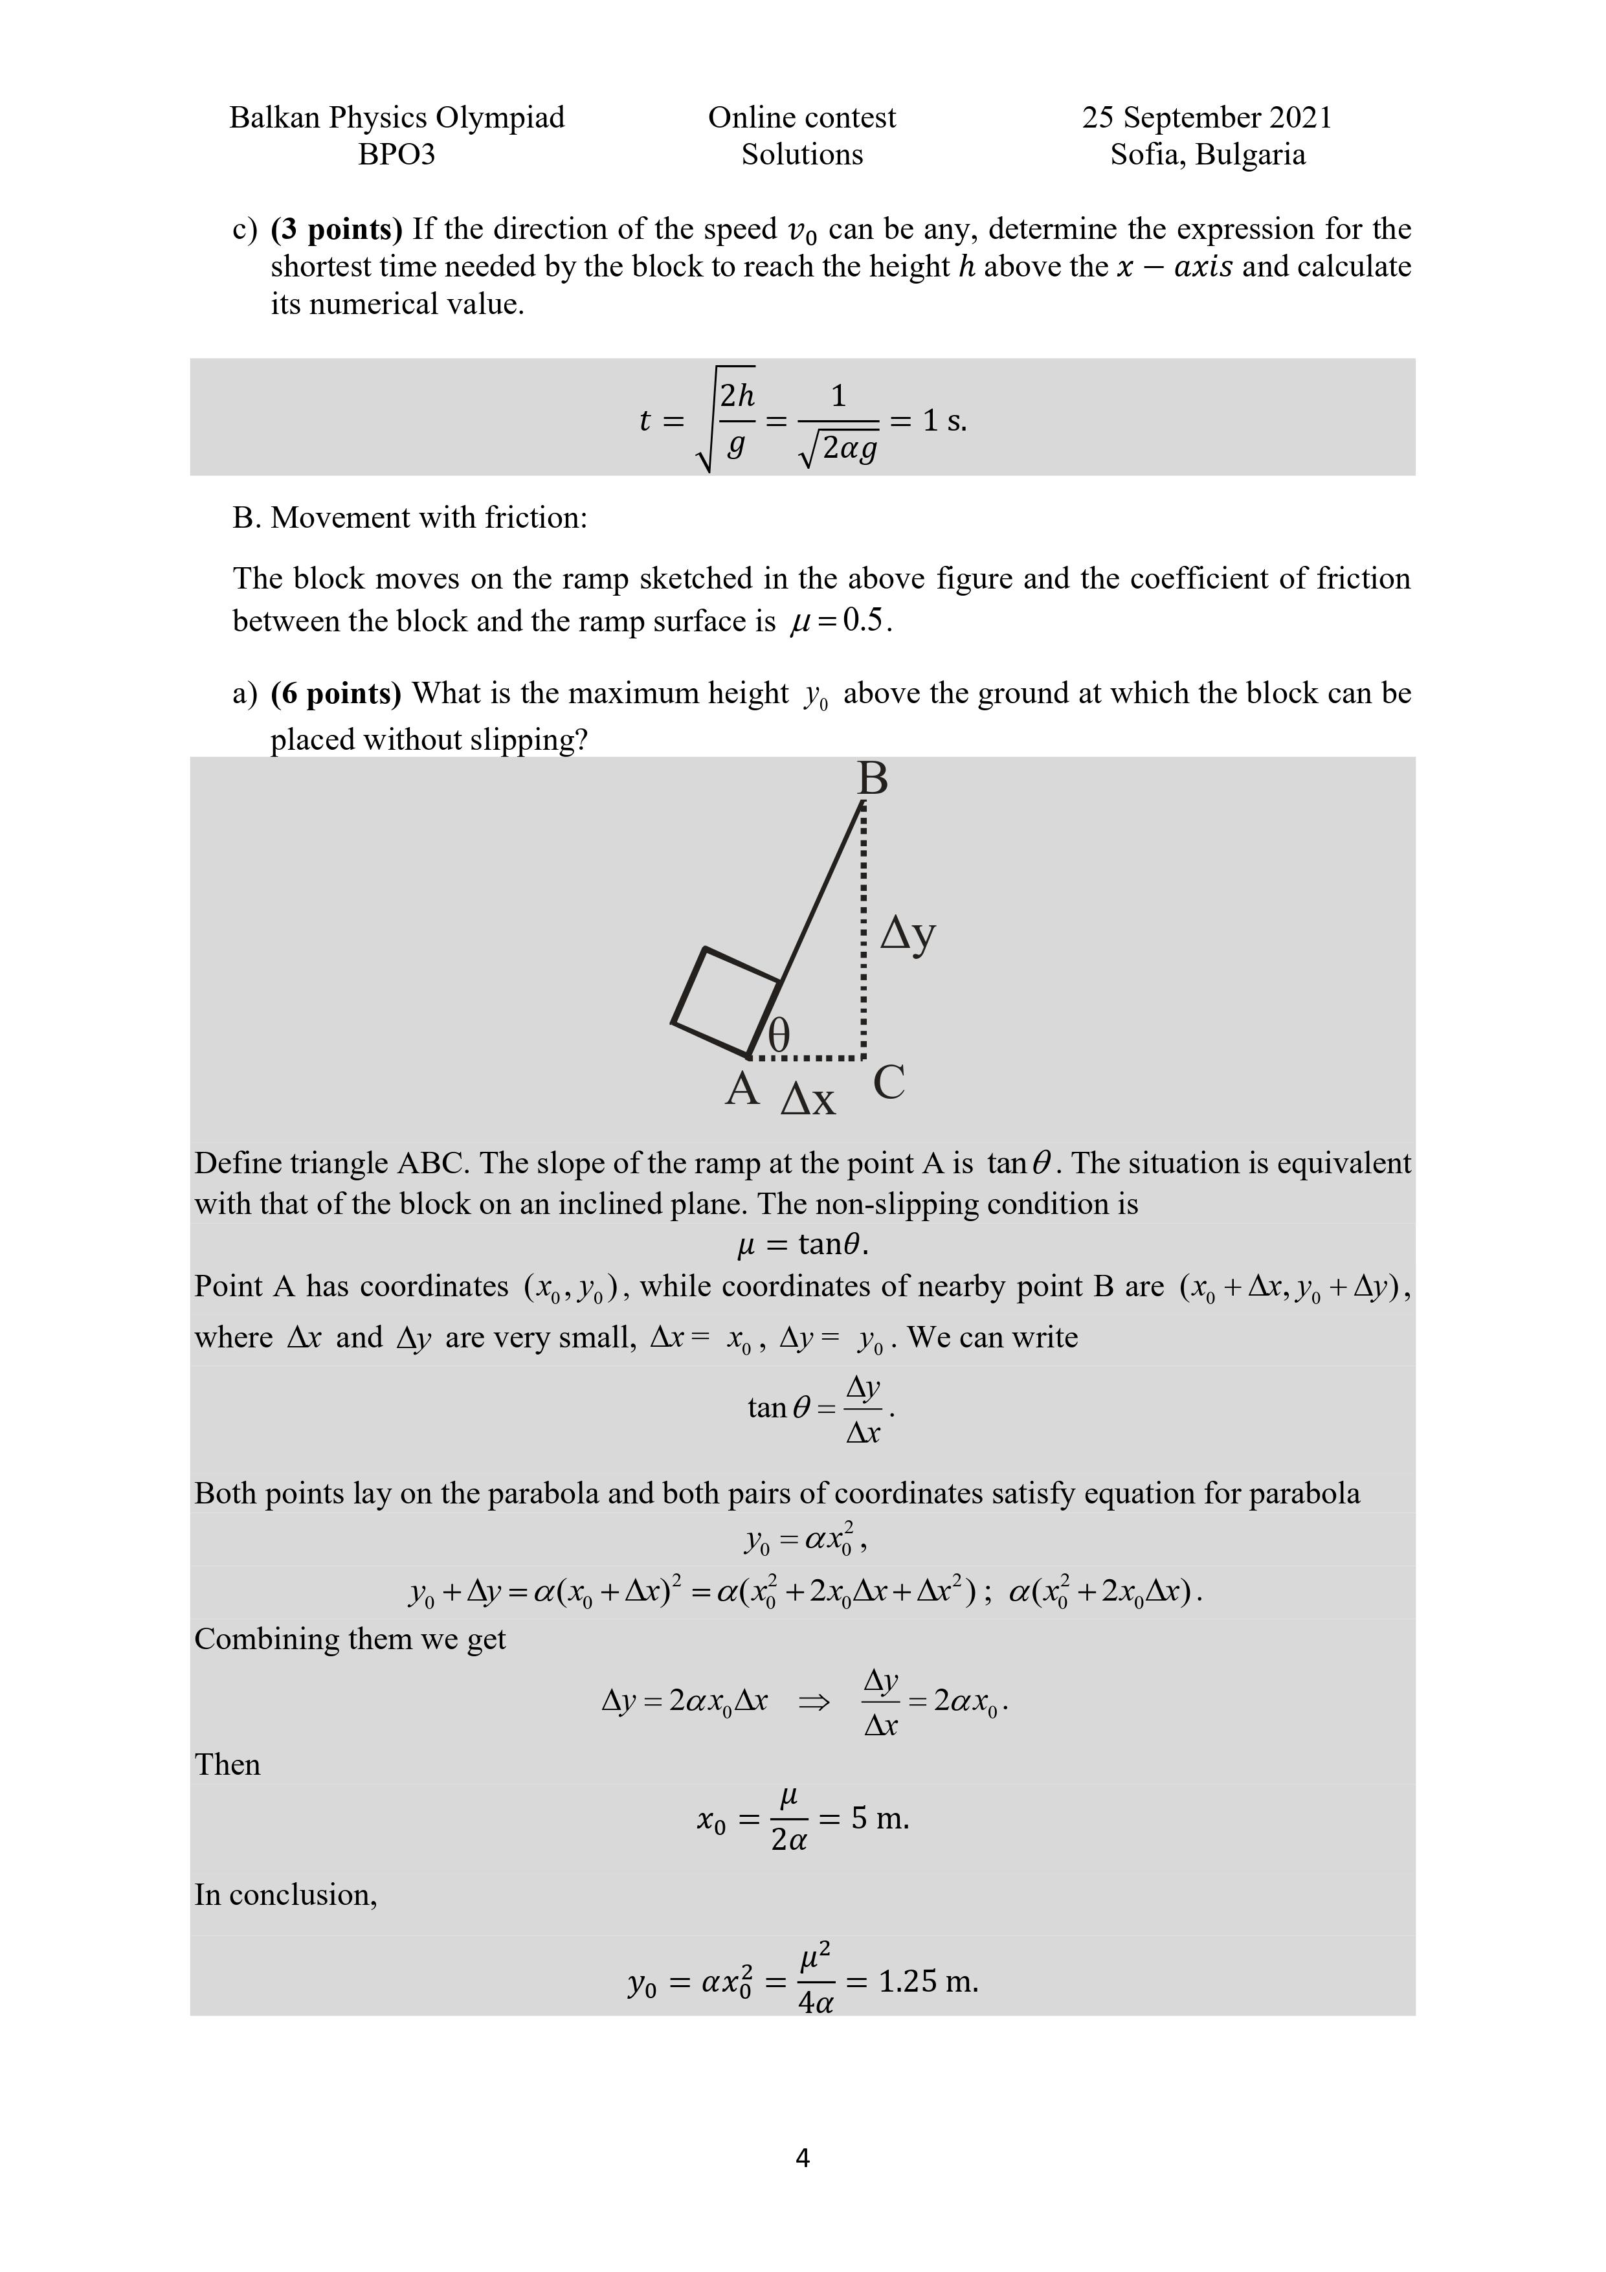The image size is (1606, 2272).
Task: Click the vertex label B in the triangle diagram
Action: (x=872, y=779)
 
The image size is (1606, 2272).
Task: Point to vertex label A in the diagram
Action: (x=742, y=1088)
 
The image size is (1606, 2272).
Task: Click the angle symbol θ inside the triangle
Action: (x=780, y=1036)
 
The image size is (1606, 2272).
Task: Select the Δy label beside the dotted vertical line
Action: (x=908, y=933)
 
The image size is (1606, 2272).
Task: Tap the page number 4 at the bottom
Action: (x=803, y=2157)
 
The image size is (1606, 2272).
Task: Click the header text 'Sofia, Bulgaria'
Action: (x=1207, y=154)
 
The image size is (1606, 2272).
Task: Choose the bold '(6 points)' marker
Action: (x=337, y=693)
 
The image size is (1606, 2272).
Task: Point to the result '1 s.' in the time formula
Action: (x=944, y=421)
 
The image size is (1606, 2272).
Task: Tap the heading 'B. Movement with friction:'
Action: (x=410, y=517)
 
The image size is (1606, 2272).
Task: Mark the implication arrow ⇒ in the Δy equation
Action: (x=814, y=1703)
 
